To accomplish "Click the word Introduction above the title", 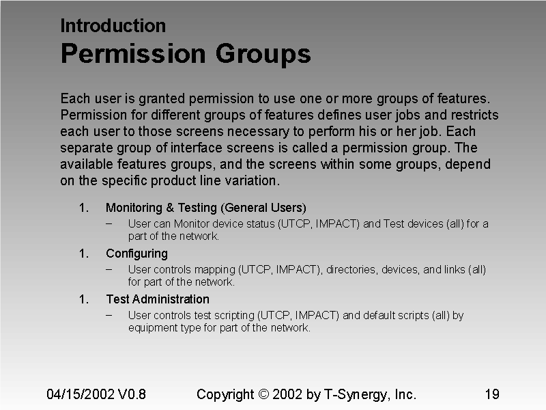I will click(113, 26).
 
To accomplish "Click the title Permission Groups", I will click(186, 53).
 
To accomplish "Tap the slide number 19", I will click(491, 394).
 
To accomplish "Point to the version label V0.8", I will click(132, 394).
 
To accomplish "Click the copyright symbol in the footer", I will click(264, 394).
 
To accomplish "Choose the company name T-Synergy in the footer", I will click(355, 394).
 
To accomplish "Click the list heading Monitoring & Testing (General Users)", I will click(205, 208).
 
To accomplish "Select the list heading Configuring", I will click(136, 254).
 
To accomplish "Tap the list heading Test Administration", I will click(157, 299).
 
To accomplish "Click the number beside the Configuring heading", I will click(83, 254).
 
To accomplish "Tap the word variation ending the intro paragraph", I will click(256, 181).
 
